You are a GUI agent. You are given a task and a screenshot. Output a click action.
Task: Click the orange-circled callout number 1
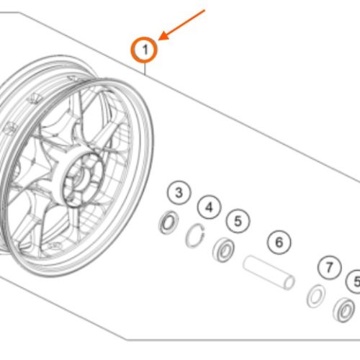pyautogui.click(x=144, y=50)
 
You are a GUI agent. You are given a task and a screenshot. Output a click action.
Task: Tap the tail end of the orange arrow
pyautogui.click(x=204, y=10)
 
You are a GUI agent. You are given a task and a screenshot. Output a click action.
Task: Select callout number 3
pyautogui.click(x=179, y=192)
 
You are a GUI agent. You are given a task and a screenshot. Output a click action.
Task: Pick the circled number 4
pyautogui.click(x=210, y=207)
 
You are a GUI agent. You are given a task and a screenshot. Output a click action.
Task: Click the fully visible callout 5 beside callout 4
pyautogui.click(x=238, y=221)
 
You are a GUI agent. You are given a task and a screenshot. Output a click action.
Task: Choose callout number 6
pyautogui.click(x=279, y=242)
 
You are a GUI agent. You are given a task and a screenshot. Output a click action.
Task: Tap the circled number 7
pyautogui.click(x=330, y=267)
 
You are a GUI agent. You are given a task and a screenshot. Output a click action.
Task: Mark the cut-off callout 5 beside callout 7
pyautogui.click(x=354, y=282)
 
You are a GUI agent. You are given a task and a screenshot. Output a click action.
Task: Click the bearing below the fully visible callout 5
pyautogui.click(x=224, y=250)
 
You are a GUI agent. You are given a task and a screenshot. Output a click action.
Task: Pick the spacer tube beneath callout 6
pyautogui.click(x=269, y=272)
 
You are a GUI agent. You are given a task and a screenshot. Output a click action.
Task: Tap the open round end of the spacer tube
pyautogui.click(x=289, y=282)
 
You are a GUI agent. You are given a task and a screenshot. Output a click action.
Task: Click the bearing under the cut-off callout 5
pyautogui.click(x=344, y=310)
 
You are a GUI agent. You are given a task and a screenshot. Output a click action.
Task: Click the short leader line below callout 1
pyautogui.click(x=145, y=69)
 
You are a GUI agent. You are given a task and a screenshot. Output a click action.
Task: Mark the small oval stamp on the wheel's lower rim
pyautogui.click(x=55, y=246)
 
